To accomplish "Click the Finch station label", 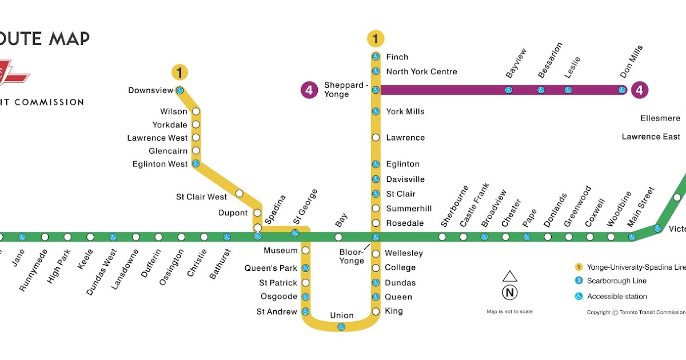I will (397, 57).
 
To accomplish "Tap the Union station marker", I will (341, 326).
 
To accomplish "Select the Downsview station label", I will (150, 90).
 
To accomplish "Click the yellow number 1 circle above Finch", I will (376, 39).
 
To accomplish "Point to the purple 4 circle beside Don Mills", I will (639, 90).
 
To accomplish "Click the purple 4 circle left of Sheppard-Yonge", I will (309, 90).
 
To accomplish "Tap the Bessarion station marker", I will (540, 90).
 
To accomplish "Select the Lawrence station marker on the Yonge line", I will (376, 138).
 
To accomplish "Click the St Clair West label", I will (201, 197).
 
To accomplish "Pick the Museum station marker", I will (305, 250).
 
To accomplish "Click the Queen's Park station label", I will (270, 268).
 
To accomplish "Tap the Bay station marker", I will (338, 237).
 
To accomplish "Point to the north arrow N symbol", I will (509, 293).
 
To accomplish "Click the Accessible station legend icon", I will (579, 297).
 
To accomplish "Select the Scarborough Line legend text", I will (617, 281).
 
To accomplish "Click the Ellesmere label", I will (660, 118).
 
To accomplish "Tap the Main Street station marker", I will (632, 237).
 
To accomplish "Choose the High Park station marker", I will (67, 237).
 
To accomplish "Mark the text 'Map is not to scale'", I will (509, 311).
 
